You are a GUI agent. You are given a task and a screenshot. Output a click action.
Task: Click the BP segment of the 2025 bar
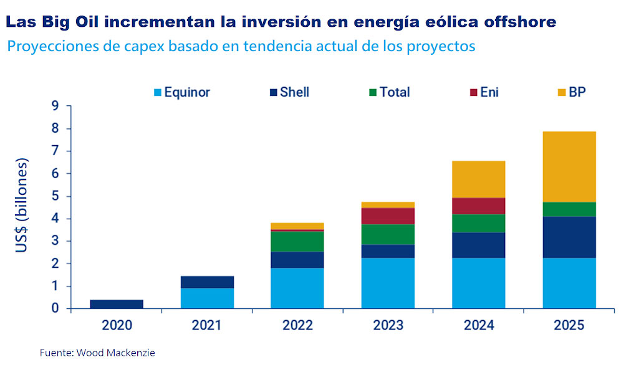pyautogui.click(x=569, y=166)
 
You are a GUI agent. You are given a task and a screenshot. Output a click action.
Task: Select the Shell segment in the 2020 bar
pyautogui.click(x=117, y=304)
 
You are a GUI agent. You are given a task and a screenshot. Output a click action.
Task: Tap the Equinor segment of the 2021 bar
pyautogui.click(x=208, y=298)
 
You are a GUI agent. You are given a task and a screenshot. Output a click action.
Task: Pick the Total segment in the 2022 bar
pyautogui.click(x=298, y=241)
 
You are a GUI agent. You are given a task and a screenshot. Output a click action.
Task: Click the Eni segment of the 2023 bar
pyautogui.click(x=388, y=216)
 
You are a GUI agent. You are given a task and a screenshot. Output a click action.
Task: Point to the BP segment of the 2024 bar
pyautogui.click(x=479, y=179)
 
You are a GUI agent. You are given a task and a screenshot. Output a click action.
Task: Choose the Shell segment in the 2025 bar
pyautogui.click(x=569, y=237)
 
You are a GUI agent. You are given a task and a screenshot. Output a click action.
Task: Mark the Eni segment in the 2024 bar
pyautogui.click(x=479, y=206)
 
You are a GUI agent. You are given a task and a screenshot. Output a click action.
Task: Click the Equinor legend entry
pyautogui.click(x=182, y=92)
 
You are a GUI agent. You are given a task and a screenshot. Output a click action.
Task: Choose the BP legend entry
pyautogui.click(x=577, y=92)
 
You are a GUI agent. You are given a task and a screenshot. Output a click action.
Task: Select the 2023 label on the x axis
pyautogui.click(x=388, y=325)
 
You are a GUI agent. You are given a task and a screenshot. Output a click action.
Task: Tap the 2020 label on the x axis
pyautogui.click(x=117, y=325)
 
